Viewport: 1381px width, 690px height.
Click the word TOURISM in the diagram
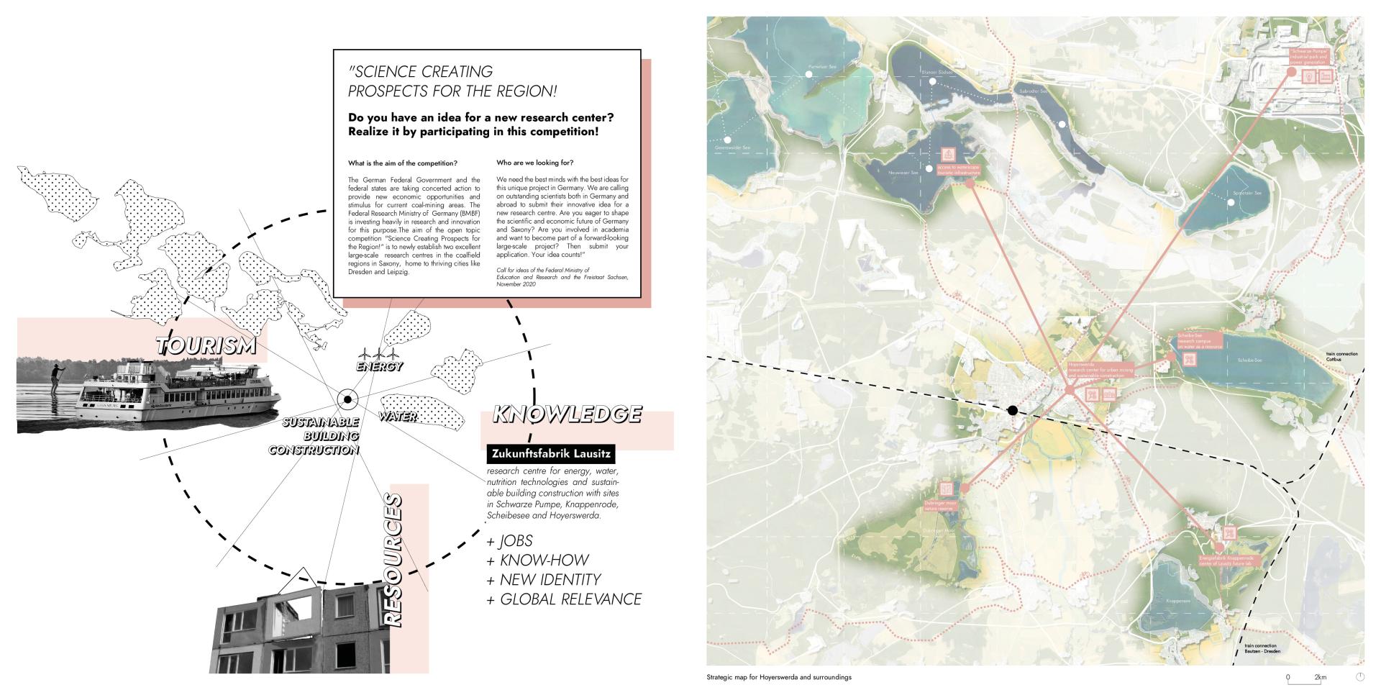pyautogui.click(x=206, y=345)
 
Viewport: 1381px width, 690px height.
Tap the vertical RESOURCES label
pyautogui.click(x=393, y=559)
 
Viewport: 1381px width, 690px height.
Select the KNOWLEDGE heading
pyautogui.click(x=567, y=414)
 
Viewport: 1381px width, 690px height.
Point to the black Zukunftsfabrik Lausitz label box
pyautogui.click(x=551, y=454)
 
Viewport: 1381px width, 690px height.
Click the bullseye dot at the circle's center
pyautogui.click(x=347, y=399)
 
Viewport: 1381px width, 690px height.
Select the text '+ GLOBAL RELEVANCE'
pyautogui.click(x=564, y=599)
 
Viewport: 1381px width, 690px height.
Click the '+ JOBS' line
pyautogui.click(x=510, y=541)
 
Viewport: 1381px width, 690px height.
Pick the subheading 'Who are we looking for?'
pyautogui.click(x=534, y=163)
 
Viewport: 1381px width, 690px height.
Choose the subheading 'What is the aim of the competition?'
pyautogui.click(x=403, y=163)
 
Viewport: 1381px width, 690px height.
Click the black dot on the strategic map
pyautogui.click(x=1012, y=411)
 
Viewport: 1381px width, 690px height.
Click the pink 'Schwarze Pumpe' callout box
pyautogui.click(x=1308, y=57)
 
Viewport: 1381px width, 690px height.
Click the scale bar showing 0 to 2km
pyautogui.click(x=1305, y=677)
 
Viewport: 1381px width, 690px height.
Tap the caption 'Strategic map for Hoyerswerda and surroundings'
pyautogui.click(x=779, y=677)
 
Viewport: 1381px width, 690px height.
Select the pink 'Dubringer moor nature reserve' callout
pyautogui.click(x=939, y=507)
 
